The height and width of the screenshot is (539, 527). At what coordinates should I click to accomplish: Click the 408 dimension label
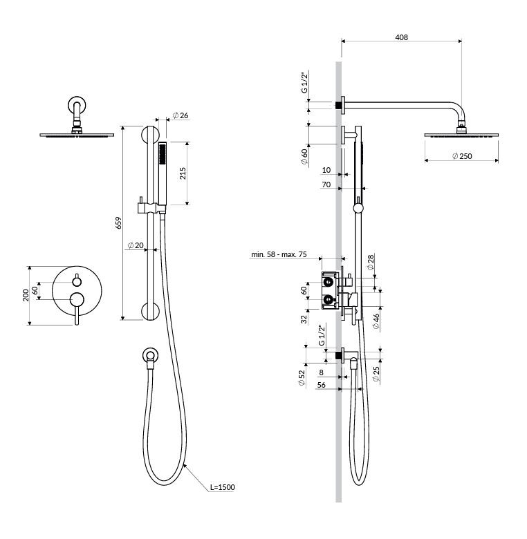coord(401,37)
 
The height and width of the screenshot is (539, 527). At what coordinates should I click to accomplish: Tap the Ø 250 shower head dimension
coord(462,156)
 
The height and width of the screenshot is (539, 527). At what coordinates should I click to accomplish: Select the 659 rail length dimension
coord(118,223)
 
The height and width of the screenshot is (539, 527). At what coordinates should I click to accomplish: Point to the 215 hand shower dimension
coord(183,173)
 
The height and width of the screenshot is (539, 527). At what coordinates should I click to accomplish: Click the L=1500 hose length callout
coord(223,487)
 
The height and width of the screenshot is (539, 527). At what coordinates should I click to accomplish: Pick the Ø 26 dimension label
coord(181,115)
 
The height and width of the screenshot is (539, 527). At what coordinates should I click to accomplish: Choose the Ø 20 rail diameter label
coord(135,245)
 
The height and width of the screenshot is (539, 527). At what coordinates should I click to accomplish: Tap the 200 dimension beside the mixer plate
coord(26,296)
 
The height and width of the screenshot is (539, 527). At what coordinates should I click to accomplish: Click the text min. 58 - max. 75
coord(279,254)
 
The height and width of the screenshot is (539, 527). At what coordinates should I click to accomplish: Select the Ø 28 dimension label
coord(371,263)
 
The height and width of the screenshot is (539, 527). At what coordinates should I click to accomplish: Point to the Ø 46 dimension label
coord(376,321)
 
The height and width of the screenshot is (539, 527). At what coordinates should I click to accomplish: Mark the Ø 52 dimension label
coord(302,378)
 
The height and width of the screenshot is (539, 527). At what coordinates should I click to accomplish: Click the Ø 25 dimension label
coord(376,374)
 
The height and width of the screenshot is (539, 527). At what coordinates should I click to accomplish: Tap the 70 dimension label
coord(326,185)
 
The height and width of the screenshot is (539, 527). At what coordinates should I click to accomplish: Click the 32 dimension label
coord(304,319)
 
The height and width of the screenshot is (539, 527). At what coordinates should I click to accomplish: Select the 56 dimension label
coord(322,385)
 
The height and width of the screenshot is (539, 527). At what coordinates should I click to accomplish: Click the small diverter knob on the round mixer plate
coord(77,281)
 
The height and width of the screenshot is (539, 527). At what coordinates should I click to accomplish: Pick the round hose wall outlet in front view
coord(150,355)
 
